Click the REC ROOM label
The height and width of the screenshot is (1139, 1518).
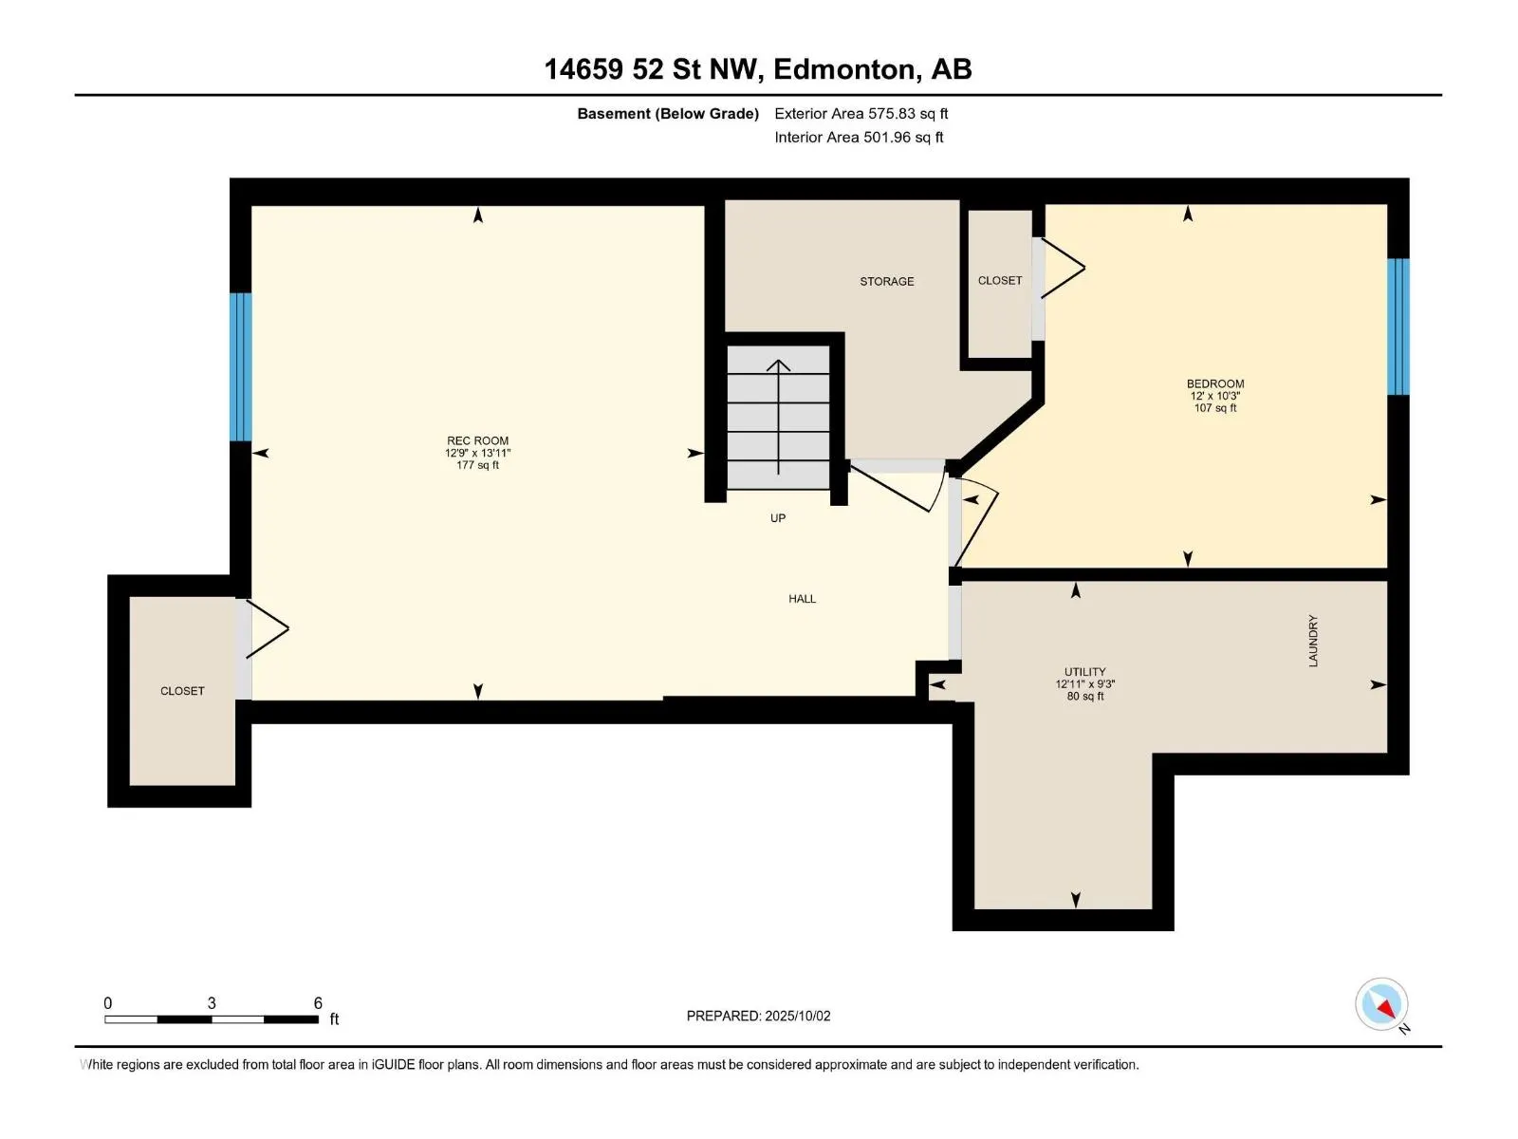click(477, 440)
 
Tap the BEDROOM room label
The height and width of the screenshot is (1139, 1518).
click(1215, 383)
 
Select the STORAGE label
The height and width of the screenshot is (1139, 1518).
click(886, 282)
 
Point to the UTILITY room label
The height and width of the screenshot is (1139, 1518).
click(1084, 671)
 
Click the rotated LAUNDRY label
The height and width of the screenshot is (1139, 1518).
click(1313, 641)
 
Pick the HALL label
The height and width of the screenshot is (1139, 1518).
click(803, 599)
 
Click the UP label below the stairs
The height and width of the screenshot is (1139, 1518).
click(777, 518)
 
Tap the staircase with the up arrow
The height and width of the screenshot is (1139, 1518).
click(778, 417)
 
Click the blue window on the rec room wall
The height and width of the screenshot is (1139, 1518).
click(241, 366)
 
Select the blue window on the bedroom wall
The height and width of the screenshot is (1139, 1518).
click(1398, 327)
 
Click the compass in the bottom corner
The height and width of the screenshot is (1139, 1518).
click(1381, 1004)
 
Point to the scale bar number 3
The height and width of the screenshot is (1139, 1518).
click(212, 1002)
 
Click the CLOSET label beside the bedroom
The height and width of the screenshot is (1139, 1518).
click(999, 280)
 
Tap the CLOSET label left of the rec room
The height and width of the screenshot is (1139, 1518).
click(182, 691)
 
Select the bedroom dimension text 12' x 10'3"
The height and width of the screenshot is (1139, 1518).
click(1215, 396)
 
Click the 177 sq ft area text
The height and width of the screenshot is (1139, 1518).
click(477, 465)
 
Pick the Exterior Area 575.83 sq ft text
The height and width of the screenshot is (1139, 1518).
click(861, 113)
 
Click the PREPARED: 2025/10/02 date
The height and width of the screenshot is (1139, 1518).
click(758, 1016)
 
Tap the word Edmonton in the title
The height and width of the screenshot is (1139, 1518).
click(847, 69)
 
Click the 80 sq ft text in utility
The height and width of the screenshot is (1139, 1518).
click(1084, 697)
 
